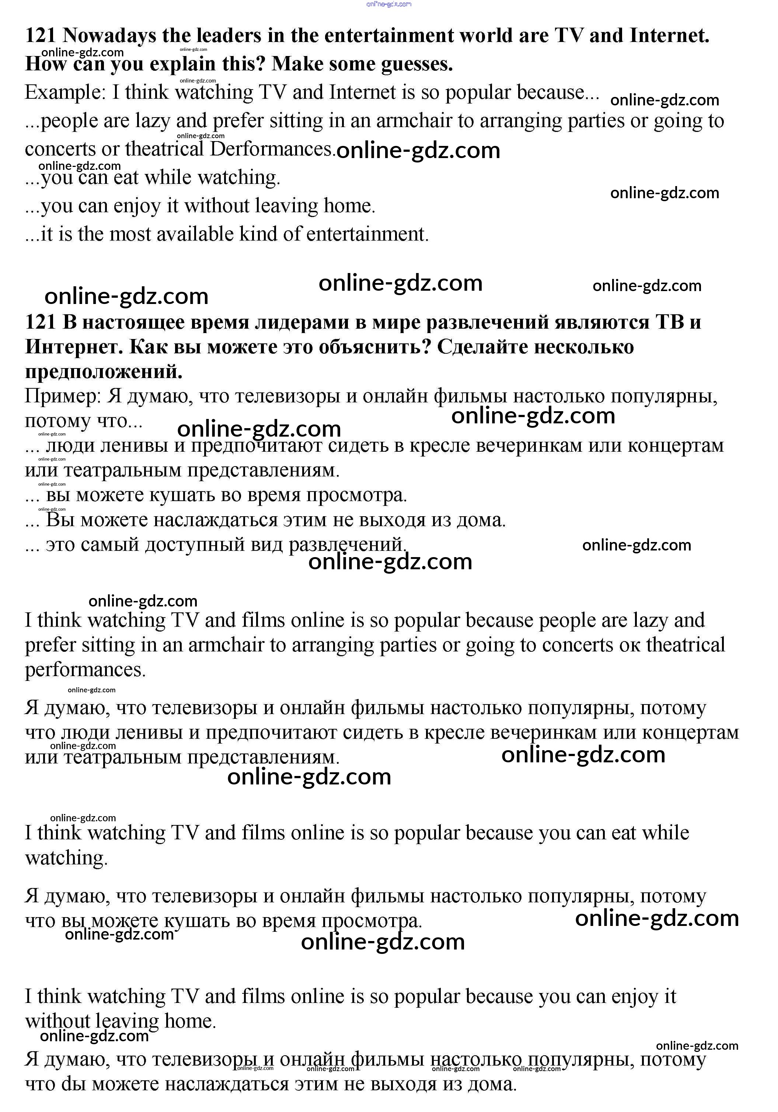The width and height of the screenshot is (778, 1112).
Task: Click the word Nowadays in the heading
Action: point(109,36)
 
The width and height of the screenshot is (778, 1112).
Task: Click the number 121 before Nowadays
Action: point(41,36)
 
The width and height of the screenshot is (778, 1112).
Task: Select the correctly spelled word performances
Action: point(85,670)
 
